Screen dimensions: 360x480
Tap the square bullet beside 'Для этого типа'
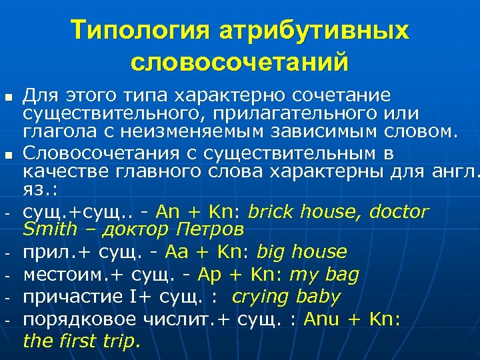[x=8, y=98]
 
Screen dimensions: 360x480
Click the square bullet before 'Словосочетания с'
[x=8, y=156]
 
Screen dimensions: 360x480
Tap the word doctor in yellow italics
[x=399, y=213]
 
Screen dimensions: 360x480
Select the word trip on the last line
[x=123, y=342]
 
